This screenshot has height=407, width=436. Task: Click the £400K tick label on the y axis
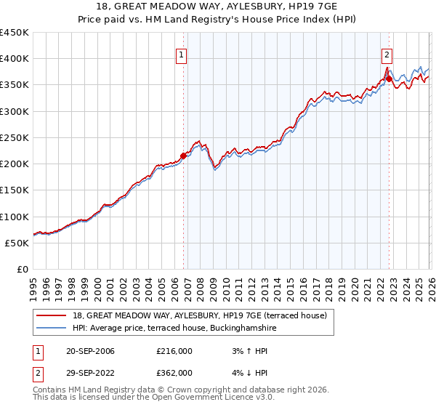pyautogui.click(x=15, y=59)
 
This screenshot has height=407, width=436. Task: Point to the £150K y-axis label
pyautogui.click(x=15, y=190)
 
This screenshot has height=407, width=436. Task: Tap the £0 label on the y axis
pyautogui.click(x=23, y=270)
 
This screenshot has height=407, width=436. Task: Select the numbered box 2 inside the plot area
pyautogui.click(x=387, y=54)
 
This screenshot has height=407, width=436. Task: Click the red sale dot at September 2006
pyautogui.click(x=183, y=155)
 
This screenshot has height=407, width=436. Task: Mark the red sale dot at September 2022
pyautogui.click(x=389, y=78)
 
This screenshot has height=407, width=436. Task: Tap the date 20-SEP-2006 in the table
pyautogui.click(x=90, y=351)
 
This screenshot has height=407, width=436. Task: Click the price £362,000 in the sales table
pyautogui.click(x=174, y=372)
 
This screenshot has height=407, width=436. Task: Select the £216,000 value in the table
pyautogui.click(x=174, y=351)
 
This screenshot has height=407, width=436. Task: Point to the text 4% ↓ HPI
pyautogui.click(x=247, y=372)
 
